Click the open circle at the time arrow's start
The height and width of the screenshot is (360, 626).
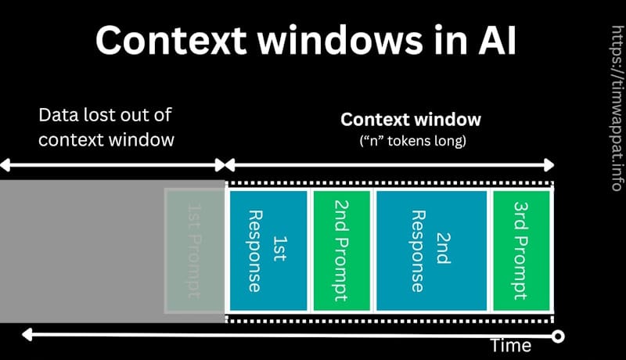pos(558,337)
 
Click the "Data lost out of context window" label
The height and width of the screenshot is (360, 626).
pos(106,127)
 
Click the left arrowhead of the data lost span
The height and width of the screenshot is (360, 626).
pos(4,165)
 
